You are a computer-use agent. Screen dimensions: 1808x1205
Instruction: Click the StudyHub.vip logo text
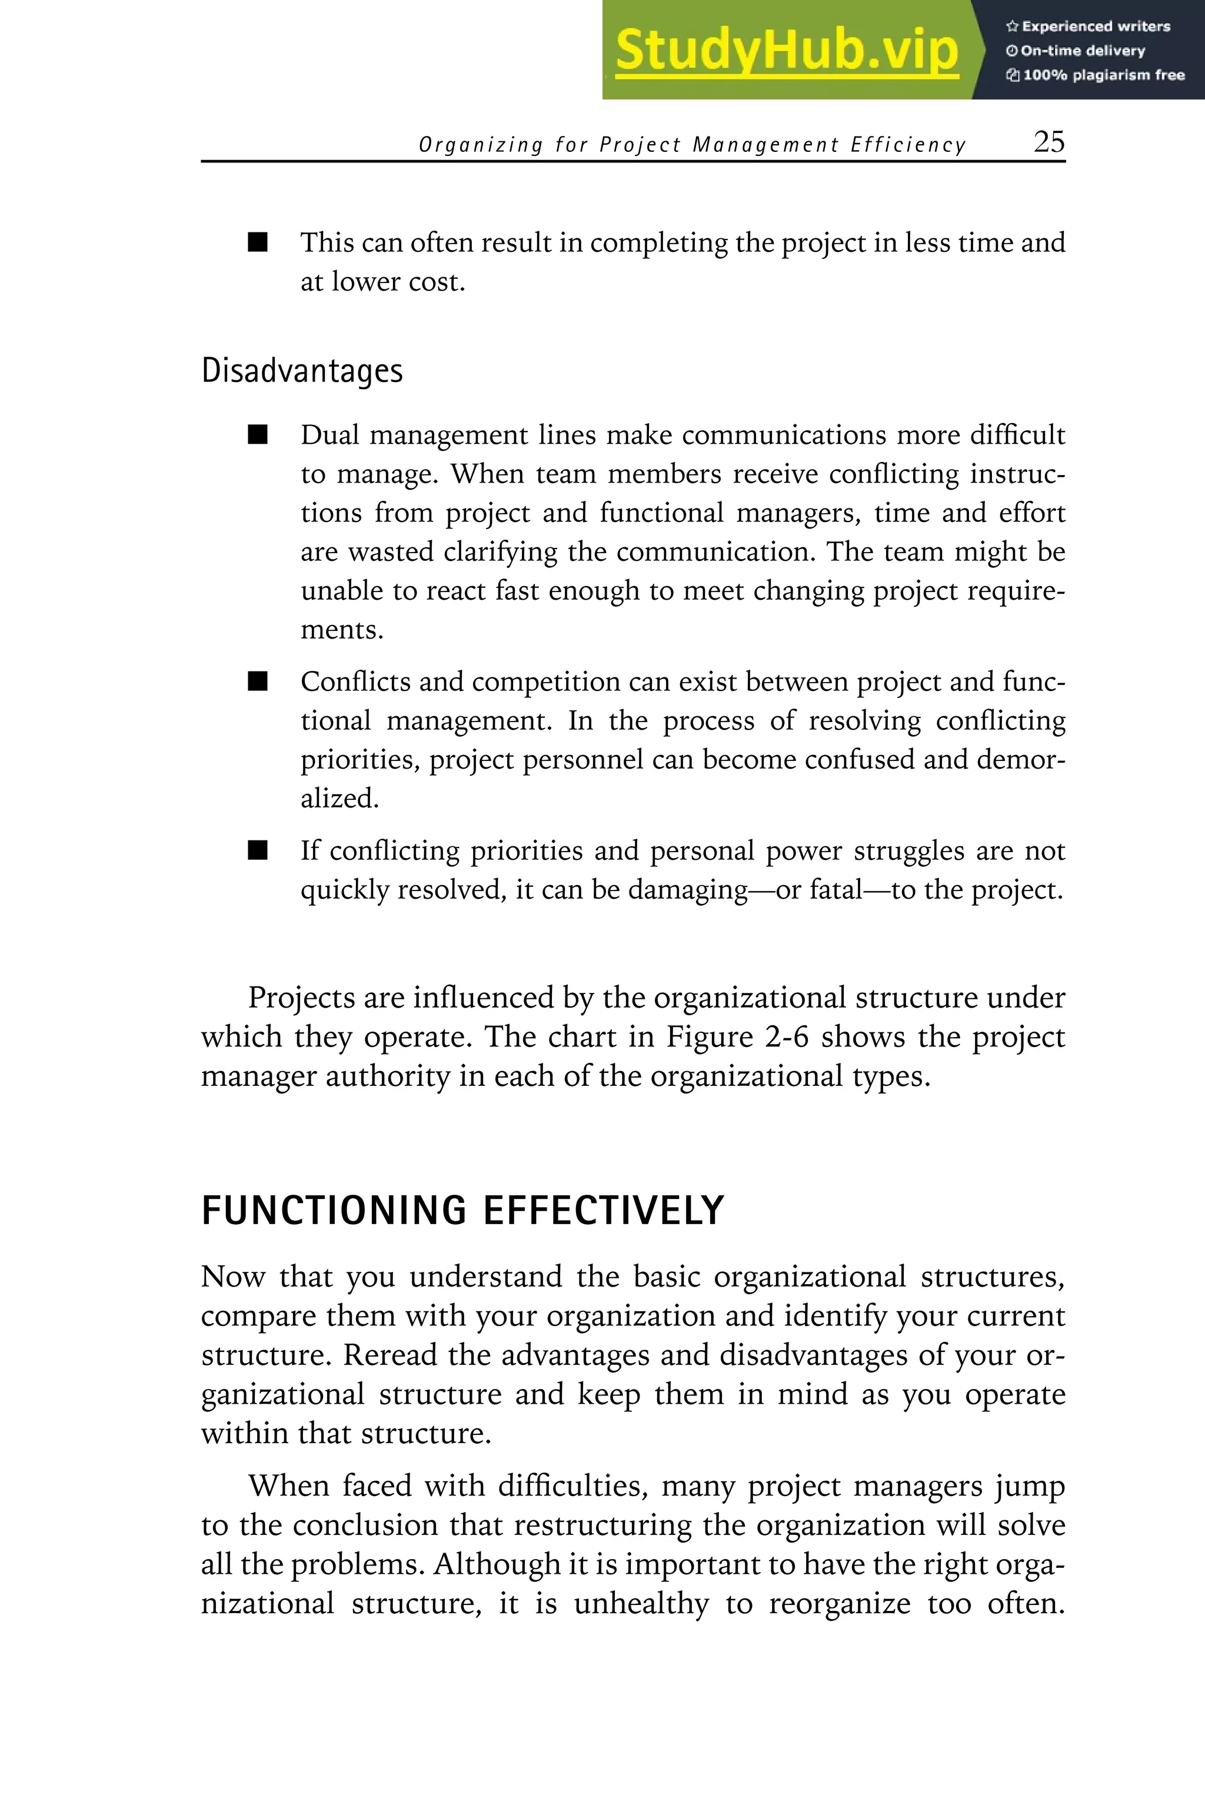pos(786,50)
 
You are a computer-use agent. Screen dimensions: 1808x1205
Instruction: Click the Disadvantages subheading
pos(302,371)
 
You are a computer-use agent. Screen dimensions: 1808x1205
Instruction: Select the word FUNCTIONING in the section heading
pos(334,1211)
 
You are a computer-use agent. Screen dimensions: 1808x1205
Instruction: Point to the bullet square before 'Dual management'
pos(258,435)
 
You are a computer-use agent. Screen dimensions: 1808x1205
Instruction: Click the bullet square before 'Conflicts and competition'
pos(258,682)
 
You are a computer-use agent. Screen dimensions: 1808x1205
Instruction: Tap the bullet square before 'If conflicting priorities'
pos(258,851)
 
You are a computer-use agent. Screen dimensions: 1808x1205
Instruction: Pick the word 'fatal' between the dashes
pos(836,890)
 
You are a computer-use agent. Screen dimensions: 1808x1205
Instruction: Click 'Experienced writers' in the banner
pos(1095,26)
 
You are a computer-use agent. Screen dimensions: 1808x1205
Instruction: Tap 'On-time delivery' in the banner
pos(1082,51)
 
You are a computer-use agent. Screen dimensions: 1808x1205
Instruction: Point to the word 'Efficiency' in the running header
pos(908,145)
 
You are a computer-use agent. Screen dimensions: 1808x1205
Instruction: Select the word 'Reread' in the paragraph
pos(390,1355)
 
